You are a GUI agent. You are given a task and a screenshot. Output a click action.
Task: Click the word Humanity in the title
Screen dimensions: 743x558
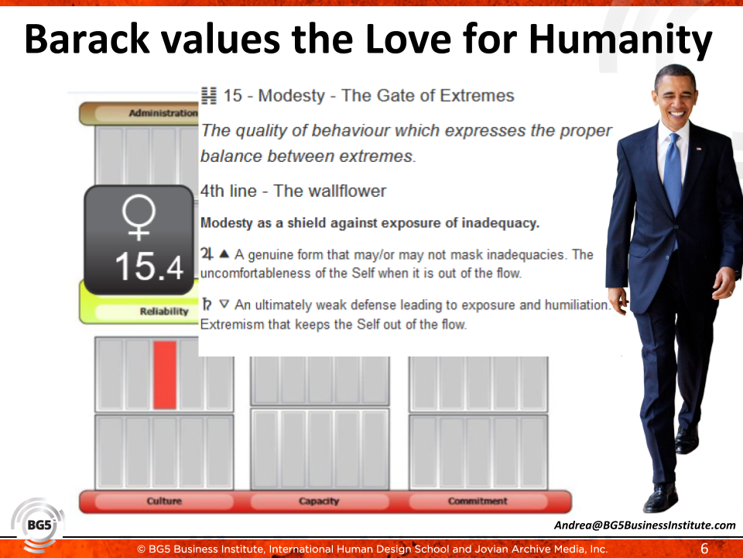(620, 40)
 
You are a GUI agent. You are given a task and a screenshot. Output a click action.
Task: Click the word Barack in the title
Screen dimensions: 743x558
(87, 39)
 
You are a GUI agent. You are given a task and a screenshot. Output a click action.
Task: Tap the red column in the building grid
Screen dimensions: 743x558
(165, 375)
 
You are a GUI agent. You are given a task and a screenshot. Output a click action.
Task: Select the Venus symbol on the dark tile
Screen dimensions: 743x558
(139, 218)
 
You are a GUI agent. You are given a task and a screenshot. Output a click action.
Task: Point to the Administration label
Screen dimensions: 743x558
(163, 113)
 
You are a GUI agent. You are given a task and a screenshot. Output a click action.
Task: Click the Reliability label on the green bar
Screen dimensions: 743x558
(164, 312)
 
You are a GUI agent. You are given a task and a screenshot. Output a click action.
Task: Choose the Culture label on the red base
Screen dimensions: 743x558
(164, 501)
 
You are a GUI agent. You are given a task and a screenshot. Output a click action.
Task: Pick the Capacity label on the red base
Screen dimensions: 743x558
(319, 501)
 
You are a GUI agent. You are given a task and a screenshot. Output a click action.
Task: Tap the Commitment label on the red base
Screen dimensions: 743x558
(478, 501)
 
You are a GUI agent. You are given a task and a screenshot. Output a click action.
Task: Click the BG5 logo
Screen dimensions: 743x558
(38, 525)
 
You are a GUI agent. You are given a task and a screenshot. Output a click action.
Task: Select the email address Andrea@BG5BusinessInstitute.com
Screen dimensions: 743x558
(645, 525)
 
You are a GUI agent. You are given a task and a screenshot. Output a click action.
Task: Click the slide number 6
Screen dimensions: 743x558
(704, 549)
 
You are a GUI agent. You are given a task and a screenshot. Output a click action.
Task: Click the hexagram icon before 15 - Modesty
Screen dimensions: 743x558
(208, 96)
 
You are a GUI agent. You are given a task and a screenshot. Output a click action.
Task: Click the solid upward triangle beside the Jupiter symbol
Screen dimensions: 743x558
(224, 254)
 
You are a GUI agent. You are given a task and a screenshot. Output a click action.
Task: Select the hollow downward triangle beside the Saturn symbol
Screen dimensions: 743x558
(224, 304)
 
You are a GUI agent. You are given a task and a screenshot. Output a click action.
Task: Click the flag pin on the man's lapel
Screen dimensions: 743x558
(698, 149)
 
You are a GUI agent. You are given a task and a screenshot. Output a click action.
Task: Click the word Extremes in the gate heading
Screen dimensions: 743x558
(478, 96)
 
